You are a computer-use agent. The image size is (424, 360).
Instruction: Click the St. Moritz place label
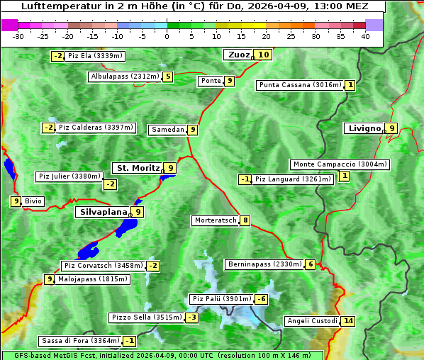138,168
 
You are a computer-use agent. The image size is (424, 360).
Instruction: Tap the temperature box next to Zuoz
264,55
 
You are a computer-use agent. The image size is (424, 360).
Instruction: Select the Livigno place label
364,128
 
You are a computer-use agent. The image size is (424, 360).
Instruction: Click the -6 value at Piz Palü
262,299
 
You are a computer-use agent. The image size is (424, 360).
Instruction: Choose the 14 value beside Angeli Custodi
347,321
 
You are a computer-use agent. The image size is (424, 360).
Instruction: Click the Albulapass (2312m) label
125,77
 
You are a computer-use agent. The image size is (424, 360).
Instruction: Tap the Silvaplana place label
103,211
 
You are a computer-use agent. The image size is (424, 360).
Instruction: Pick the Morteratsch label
215,220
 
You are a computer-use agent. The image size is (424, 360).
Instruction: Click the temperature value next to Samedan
192,130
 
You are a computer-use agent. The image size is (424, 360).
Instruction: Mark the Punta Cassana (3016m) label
300,85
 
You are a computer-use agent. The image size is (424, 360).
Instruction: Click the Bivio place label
33,201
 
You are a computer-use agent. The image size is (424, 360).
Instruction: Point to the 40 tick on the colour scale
365,36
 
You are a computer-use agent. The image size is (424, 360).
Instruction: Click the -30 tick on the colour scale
18,36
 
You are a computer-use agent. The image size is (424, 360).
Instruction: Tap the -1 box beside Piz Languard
245,179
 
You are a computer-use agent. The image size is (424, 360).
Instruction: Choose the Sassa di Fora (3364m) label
80,341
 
